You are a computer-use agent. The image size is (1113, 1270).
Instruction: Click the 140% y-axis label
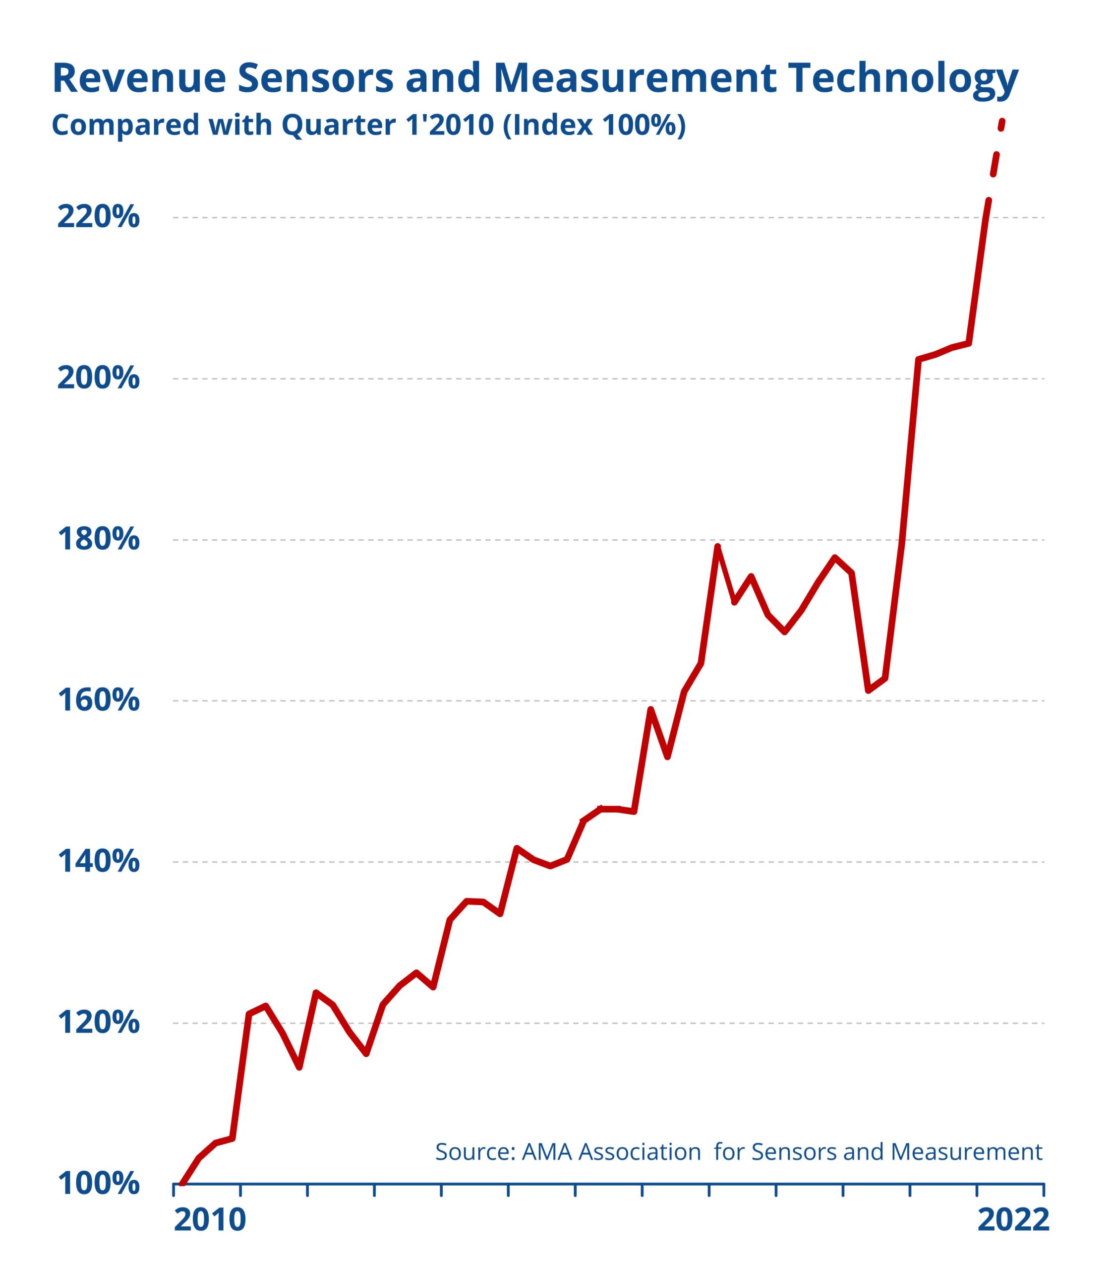point(98,862)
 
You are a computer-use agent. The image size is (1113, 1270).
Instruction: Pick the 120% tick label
point(98,1023)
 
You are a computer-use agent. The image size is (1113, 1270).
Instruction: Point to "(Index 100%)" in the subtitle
point(594,126)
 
